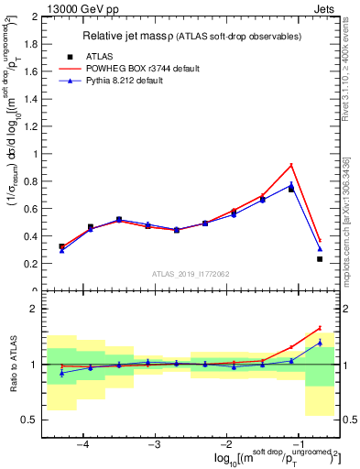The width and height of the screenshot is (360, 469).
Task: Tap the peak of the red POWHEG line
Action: pyautogui.click(x=291, y=165)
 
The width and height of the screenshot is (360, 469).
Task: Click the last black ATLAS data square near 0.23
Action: pyautogui.click(x=320, y=259)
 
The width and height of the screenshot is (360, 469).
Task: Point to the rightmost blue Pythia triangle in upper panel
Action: pyautogui.click(x=320, y=248)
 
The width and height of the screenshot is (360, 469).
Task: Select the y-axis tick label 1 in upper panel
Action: pyautogui.click(x=36, y=154)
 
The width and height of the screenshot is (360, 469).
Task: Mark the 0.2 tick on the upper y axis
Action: pyautogui.click(x=31, y=264)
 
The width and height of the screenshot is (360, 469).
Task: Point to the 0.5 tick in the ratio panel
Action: pyautogui.click(x=31, y=420)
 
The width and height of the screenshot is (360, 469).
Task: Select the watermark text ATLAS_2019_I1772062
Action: pyautogui.click(x=190, y=273)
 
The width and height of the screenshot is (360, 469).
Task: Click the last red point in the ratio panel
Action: pyautogui.click(x=320, y=328)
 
